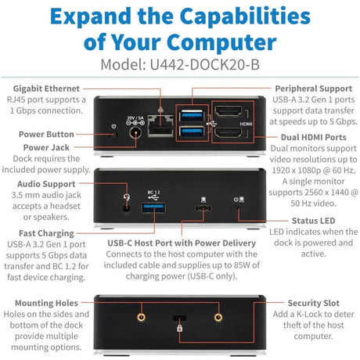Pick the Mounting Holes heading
click(47, 302)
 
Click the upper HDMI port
click(225, 116)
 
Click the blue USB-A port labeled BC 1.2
click(151, 208)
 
